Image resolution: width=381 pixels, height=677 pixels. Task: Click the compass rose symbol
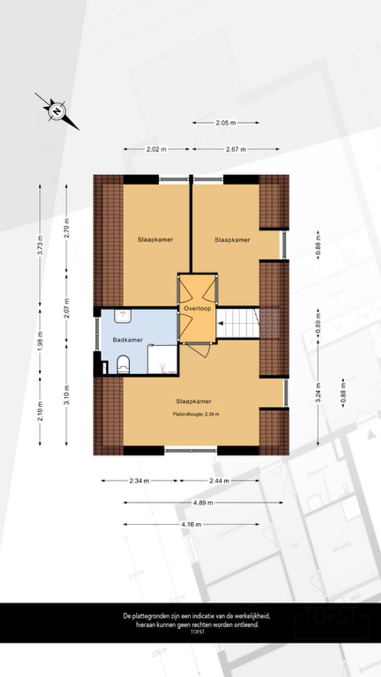pos(57,112)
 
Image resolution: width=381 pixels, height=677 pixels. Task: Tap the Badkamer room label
pos(127,340)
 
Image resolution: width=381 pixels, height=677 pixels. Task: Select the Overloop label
pos(196,310)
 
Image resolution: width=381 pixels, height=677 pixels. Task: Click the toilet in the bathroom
pos(123,362)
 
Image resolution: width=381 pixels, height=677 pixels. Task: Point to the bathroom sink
pos(123,317)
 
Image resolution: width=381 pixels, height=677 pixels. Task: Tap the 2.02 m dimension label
pos(156,149)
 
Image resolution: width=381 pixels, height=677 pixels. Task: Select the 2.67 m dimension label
pos(235,149)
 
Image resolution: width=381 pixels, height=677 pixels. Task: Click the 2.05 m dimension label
pos(226,123)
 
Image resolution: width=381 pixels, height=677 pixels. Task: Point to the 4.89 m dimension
pos(203,503)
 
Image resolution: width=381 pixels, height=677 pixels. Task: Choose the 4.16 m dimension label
pos(191,524)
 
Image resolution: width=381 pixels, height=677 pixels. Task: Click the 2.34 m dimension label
pos(138,481)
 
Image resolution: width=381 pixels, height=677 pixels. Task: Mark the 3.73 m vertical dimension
pos(40,245)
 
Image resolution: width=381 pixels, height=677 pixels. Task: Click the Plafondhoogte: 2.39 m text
pos(196,414)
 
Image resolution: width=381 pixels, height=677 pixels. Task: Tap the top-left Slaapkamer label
pos(155,239)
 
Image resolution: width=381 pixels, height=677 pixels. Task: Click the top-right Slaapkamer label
pos(232,239)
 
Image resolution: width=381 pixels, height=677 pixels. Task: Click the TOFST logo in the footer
pos(324,617)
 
